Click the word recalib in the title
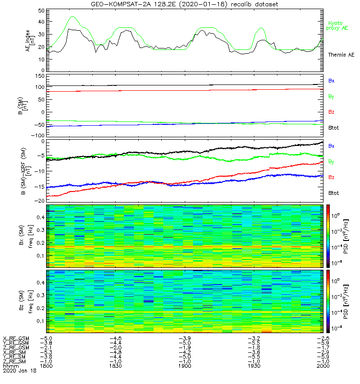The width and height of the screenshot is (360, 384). [241, 4]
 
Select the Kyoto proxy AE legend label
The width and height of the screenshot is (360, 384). [338, 26]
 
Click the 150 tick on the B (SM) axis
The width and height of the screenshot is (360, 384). [39, 76]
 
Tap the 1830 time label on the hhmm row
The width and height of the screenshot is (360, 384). [116, 366]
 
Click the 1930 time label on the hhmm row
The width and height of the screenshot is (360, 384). [253, 366]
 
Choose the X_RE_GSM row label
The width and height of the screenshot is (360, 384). [16, 339]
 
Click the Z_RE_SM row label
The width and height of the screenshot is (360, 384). [15, 361]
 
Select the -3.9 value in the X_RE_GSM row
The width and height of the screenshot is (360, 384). [185, 339]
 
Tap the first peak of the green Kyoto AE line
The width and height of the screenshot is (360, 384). [72, 17]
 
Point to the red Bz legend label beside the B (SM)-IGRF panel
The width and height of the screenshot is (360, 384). [331, 178]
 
